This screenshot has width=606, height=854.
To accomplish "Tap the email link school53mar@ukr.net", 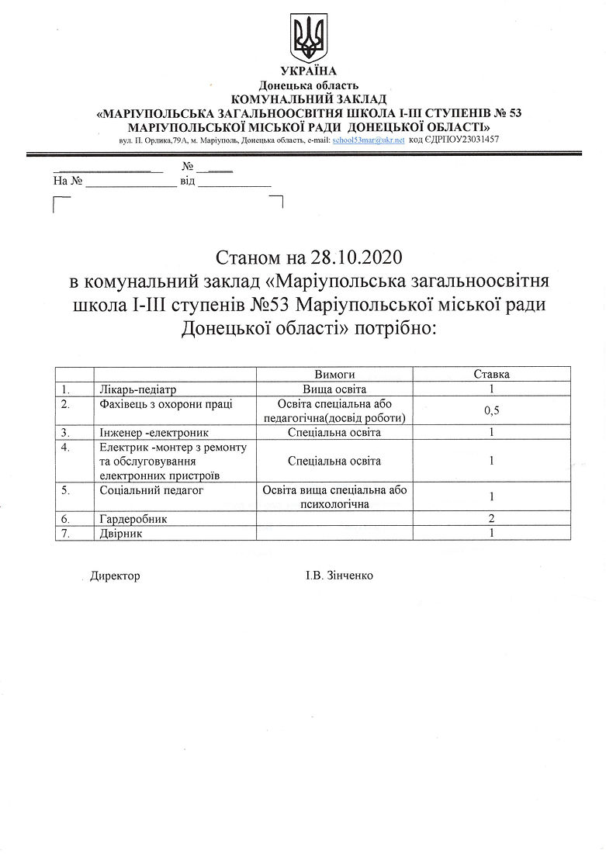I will coord(368,140).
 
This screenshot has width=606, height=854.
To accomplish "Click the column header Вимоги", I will coord(334,374).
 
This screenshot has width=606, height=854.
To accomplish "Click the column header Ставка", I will coord(491,374).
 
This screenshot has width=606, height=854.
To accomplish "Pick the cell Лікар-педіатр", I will coord(144,389).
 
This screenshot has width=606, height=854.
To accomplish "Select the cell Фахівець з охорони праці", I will coord(166,404).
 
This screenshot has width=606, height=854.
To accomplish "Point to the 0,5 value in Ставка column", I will coord(491,411).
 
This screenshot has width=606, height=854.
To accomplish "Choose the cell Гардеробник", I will coord(133,518).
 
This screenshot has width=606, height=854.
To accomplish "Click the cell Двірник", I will coord(122,534).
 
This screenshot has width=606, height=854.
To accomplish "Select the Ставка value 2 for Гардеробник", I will coord(491,518).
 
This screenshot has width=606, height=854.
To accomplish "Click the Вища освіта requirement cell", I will coord(334,389).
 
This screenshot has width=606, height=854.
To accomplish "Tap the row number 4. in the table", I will coord(65,447).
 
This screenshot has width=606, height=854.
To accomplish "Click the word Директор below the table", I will coord(115,576).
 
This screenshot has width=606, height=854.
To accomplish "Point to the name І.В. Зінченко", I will coord(338,576).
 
